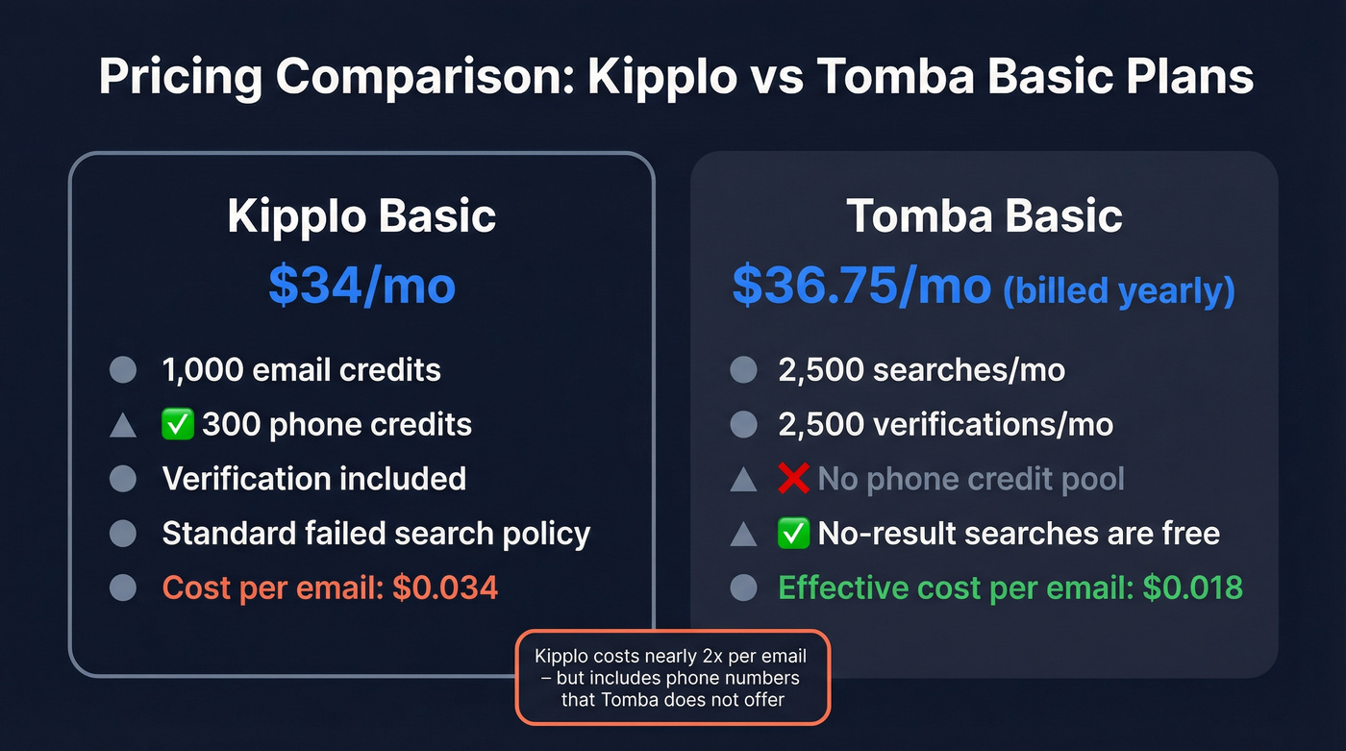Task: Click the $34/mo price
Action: click(361, 286)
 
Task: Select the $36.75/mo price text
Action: click(861, 286)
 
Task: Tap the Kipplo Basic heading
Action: click(361, 217)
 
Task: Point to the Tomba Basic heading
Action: click(985, 217)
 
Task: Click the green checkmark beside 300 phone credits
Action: click(179, 425)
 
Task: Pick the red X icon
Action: click(794, 479)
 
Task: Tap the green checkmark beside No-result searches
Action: click(794, 533)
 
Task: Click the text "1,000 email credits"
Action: click(301, 370)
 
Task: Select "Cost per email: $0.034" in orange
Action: click(330, 588)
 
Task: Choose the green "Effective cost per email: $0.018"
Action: click(1010, 588)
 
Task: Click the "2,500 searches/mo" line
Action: click(921, 370)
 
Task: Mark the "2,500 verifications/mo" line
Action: click(945, 425)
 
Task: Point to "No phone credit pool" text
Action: click(970, 479)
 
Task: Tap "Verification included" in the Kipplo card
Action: click(313, 479)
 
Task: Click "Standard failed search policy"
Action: click(376, 533)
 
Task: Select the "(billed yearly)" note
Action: click(1119, 291)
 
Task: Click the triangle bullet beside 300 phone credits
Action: click(123, 425)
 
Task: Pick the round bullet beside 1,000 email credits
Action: click(123, 370)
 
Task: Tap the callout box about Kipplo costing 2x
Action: click(672, 678)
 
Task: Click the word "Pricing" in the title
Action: click(180, 77)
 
